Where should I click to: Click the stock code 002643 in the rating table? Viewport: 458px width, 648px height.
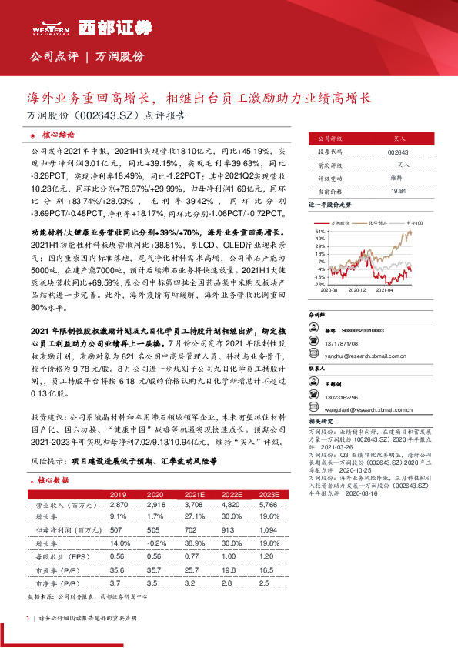pos(399,153)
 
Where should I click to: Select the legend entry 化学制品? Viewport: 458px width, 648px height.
pos(375,222)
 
